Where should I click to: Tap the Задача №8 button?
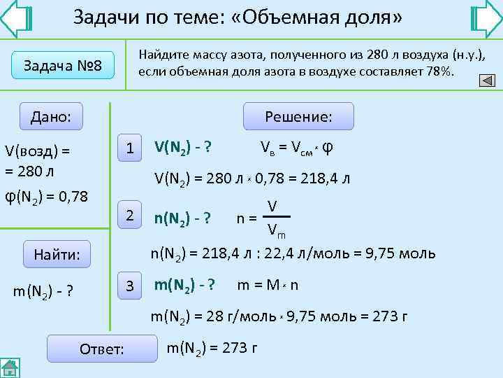(63, 66)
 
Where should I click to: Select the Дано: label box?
(51, 116)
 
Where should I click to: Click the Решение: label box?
(298, 116)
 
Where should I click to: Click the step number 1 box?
(129, 148)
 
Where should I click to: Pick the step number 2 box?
(129, 216)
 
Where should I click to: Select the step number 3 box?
(129, 286)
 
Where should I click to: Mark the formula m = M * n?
(268, 286)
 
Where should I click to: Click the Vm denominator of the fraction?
(275, 230)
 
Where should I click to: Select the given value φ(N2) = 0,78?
(46, 197)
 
